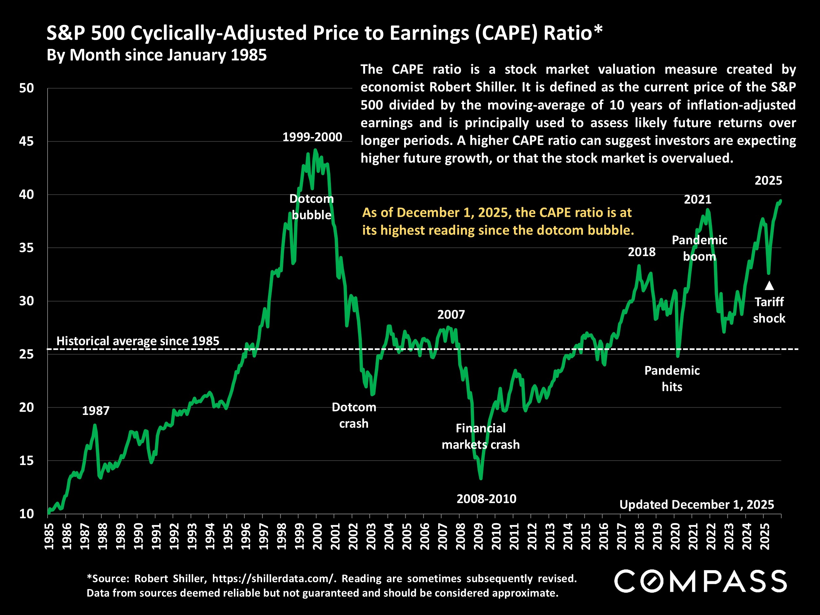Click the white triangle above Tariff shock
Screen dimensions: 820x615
tap(769, 285)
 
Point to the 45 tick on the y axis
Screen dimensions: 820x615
tap(26, 141)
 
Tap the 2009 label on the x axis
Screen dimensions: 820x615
tap(478, 536)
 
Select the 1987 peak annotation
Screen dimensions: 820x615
tap(96, 411)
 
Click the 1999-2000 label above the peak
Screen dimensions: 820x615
tap(312, 137)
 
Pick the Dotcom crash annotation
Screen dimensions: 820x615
tap(354, 415)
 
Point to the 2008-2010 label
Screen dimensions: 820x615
tap(486, 499)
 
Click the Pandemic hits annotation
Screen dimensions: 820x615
tap(672, 379)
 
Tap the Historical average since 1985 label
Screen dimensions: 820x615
tap(138, 341)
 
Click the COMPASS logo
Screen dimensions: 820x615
tap(701, 581)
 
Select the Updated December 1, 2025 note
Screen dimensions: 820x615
tap(697, 504)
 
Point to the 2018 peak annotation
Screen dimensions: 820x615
tap(642, 252)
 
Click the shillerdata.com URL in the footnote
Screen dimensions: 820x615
tap(274, 579)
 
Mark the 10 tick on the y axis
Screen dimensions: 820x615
tap(26, 514)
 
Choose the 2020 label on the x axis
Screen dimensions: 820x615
tap(675, 536)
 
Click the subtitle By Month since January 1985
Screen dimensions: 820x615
tap(157, 55)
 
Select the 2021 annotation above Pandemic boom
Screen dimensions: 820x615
tap(698, 199)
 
